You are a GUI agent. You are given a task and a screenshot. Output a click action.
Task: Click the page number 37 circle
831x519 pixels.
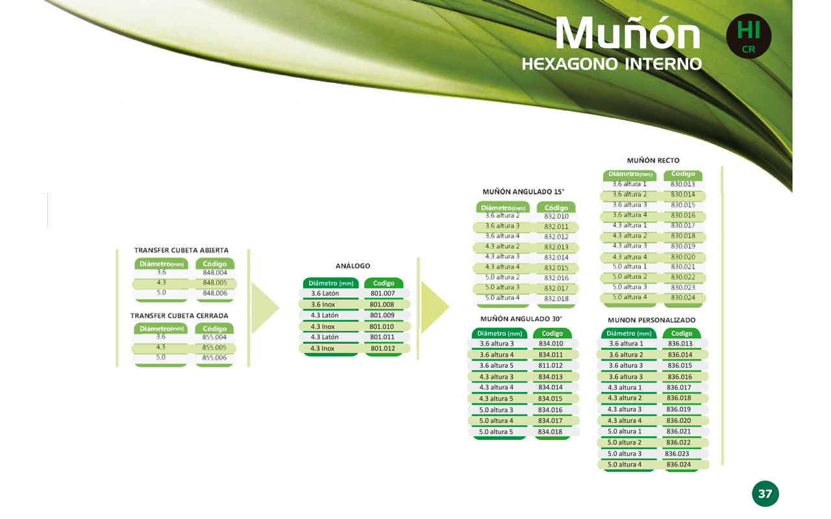click(x=765, y=494)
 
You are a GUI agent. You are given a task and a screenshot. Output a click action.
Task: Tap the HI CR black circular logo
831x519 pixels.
click(x=749, y=36)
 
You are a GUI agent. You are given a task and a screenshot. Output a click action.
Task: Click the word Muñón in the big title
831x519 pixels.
click(x=628, y=33)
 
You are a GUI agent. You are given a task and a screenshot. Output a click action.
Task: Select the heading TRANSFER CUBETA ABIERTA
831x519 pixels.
click(x=181, y=250)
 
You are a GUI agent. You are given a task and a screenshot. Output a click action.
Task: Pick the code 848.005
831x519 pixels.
click(x=215, y=283)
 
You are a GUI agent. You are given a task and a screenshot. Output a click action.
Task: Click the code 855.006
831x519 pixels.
click(x=214, y=357)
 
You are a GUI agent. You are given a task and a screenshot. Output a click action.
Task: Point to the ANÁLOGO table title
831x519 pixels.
click(x=353, y=266)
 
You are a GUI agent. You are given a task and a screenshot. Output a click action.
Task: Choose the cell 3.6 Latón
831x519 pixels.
click(x=325, y=293)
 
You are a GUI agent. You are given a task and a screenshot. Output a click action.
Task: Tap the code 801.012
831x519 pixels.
click(x=383, y=348)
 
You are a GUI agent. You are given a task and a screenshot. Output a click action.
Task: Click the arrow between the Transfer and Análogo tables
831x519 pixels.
click(x=265, y=308)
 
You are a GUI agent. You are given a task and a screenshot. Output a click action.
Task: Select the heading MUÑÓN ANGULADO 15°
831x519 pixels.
click(x=523, y=191)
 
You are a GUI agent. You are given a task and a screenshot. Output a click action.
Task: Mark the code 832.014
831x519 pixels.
click(x=556, y=258)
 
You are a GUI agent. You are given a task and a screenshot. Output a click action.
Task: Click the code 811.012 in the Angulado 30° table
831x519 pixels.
click(x=551, y=365)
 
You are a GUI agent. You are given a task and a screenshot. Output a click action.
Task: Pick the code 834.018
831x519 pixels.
click(x=550, y=432)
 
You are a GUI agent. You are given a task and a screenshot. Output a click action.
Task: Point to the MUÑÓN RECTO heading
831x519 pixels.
click(x=653, y=160)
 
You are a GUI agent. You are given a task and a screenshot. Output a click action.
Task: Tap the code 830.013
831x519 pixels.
click(x=682, y=184)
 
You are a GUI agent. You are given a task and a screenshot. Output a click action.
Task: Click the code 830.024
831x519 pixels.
click(x=683, y=297)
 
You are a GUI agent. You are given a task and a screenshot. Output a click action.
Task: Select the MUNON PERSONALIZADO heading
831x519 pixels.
click(x=651, y=320)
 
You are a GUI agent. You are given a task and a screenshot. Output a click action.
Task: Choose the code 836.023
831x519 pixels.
click(x=677, y=453)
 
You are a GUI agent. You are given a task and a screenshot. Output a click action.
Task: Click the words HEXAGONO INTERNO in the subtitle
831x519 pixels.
click(x=612, y=64)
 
